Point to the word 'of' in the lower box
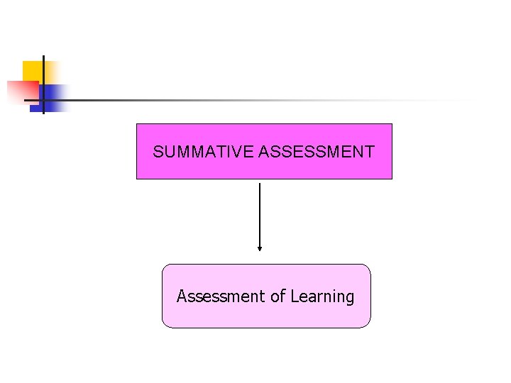point(277,296)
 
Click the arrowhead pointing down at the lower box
point(260,248)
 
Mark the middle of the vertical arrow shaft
point(260,216)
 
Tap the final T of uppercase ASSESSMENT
point(370,152)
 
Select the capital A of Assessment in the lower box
point(182,296)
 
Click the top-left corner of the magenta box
point(137,124)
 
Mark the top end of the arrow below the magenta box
point(260,184)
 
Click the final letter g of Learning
point(349,298)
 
